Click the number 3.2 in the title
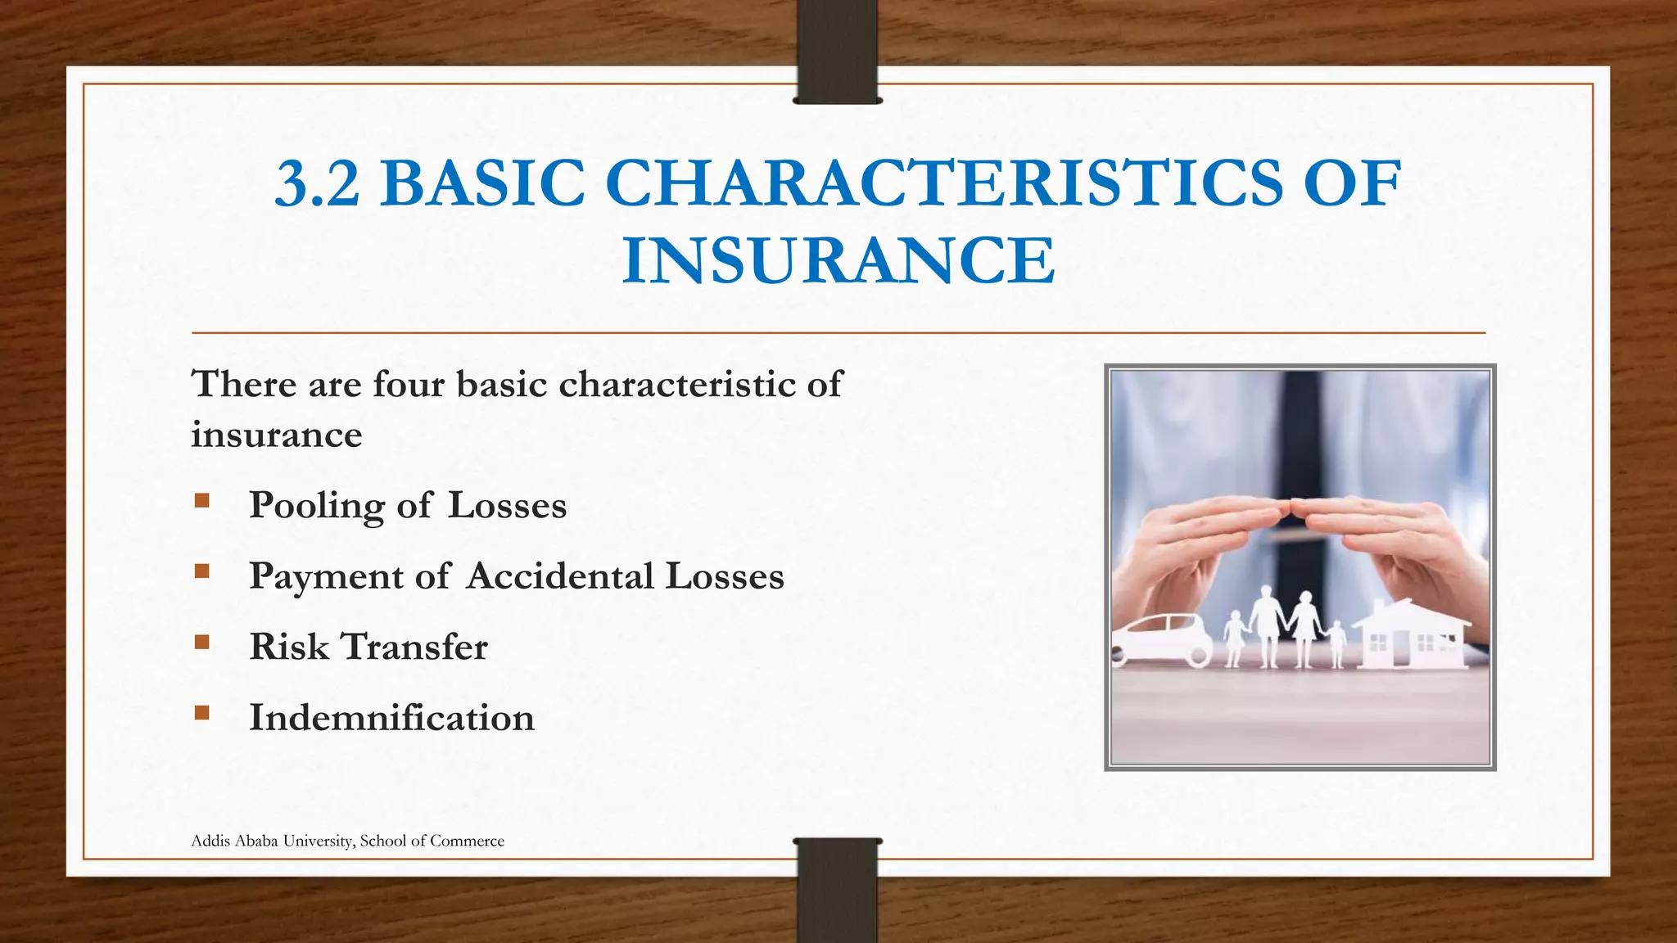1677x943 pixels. (317, 183)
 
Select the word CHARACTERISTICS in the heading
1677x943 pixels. (943, 183)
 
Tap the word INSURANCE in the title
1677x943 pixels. (838, 261)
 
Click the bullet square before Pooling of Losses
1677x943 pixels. (202, 500)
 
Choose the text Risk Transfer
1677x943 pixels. (368, 647)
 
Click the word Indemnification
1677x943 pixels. (391, 718)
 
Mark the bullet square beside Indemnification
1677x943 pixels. (202, 712)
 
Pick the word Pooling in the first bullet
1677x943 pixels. (316, 506)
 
